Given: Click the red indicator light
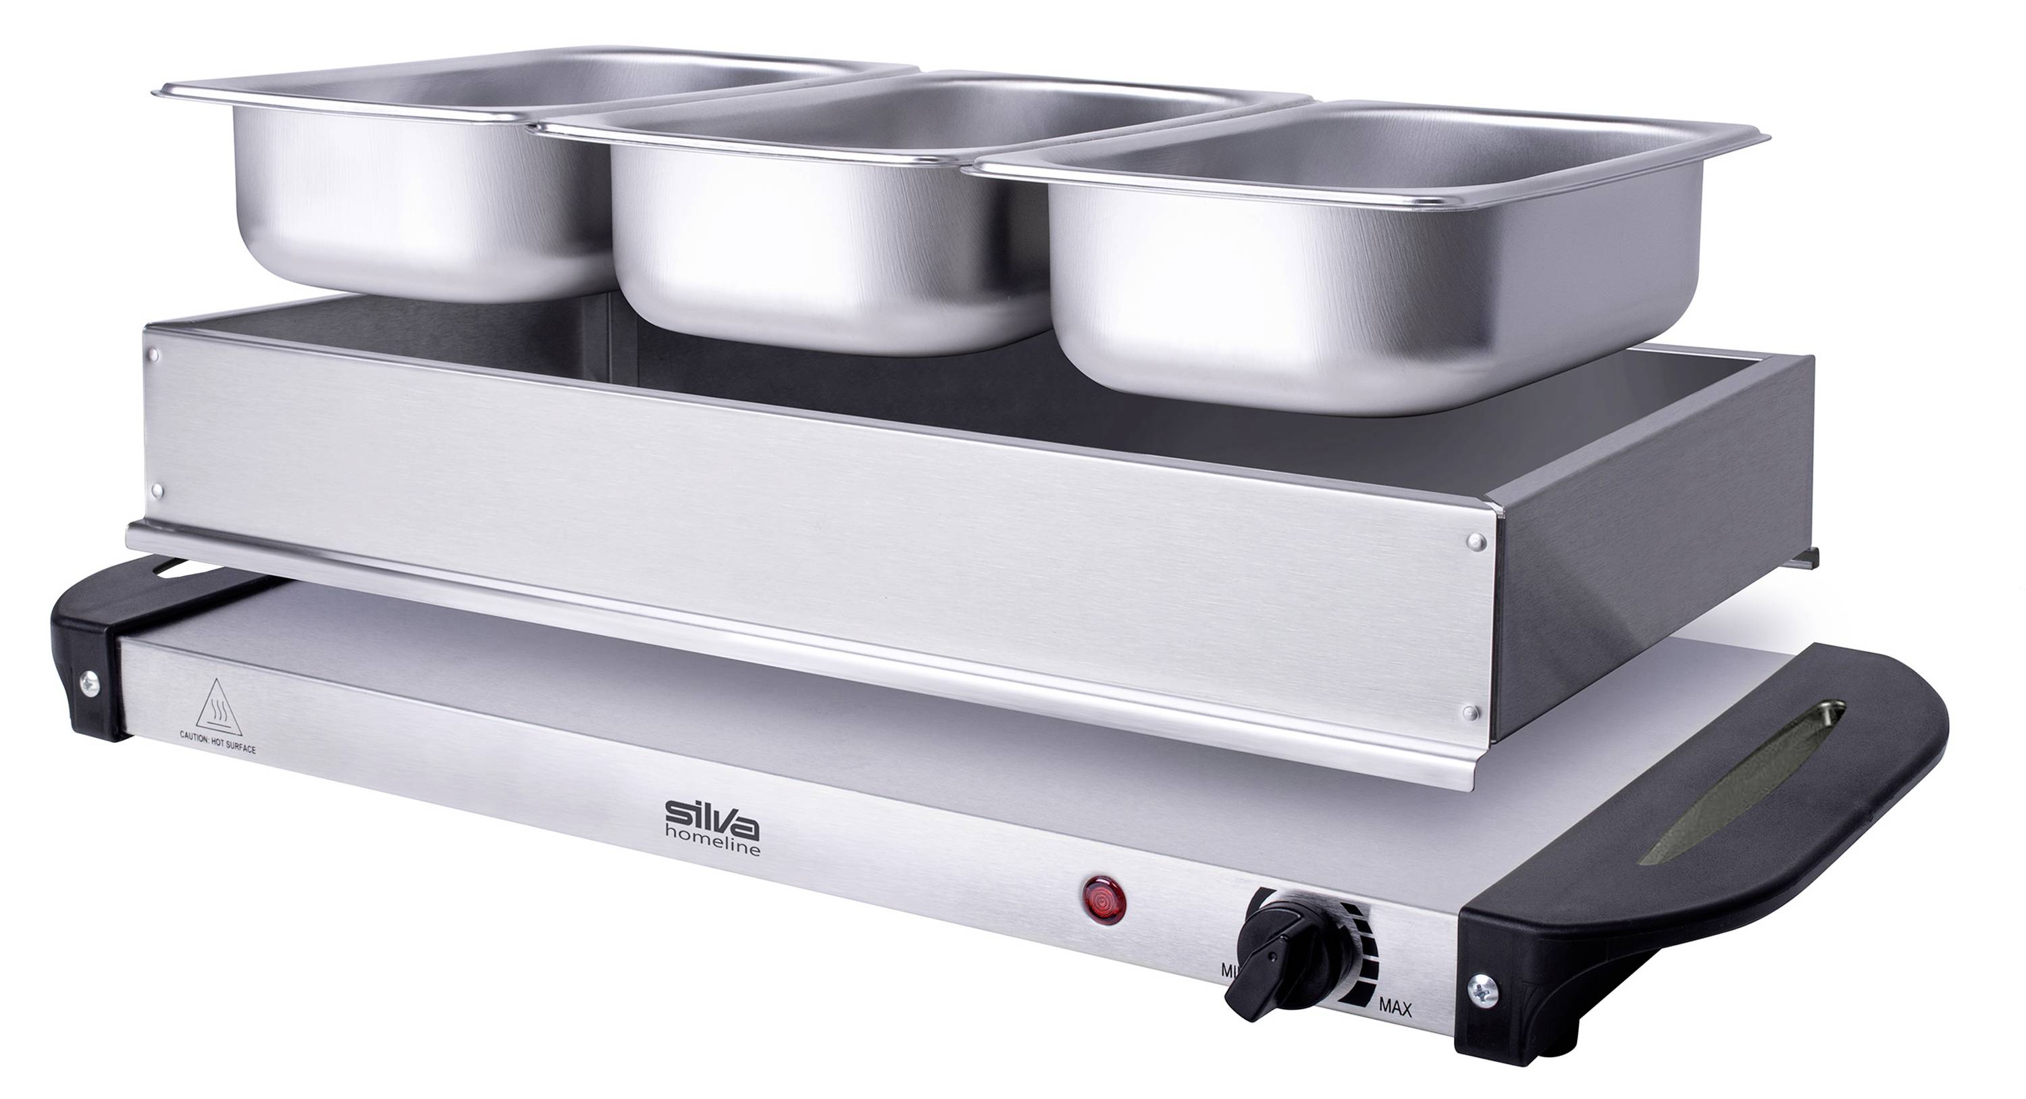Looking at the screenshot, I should point(1104,899).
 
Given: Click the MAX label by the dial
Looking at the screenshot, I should point(1395,1030).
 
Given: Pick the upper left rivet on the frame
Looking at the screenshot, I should point(154,355).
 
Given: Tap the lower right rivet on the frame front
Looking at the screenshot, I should point(1468,713).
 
